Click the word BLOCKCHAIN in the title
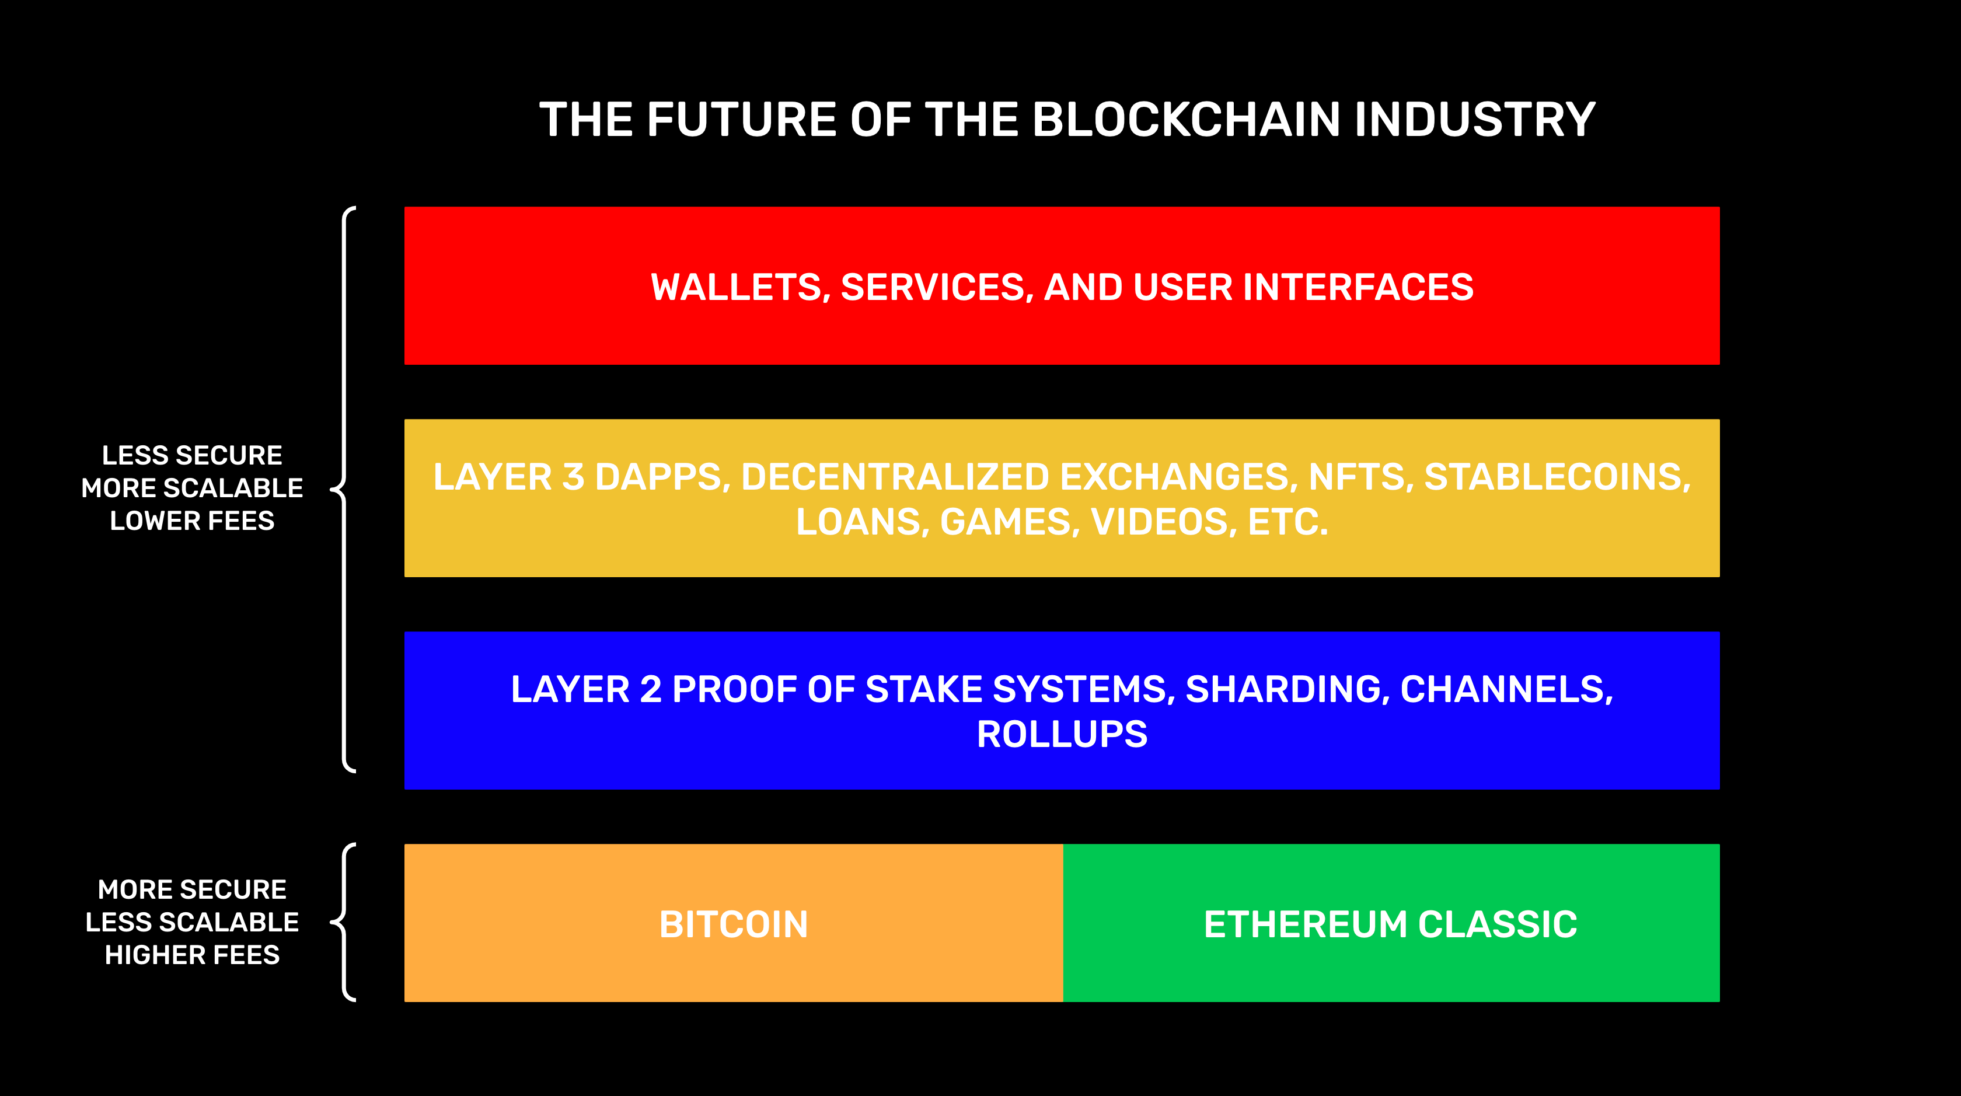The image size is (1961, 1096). (x=1185, y=120)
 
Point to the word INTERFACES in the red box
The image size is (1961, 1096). (x=1358, y=287)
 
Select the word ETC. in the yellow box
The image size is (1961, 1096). (x=1288, y=522)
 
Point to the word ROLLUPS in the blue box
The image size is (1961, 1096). (x=1062, y=735)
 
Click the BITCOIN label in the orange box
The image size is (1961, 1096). (x=733, y=925)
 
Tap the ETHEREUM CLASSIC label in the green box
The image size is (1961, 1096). (x=1390, y=925)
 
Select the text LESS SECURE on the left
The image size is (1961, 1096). (x=192, y=455)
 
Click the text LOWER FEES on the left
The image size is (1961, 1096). (x=192, y=521)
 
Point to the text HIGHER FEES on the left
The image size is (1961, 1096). (x=192, y=954)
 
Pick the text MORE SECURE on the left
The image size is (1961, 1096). (x=192, y=889)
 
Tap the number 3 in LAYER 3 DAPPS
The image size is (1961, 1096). (x=573, y=477)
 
